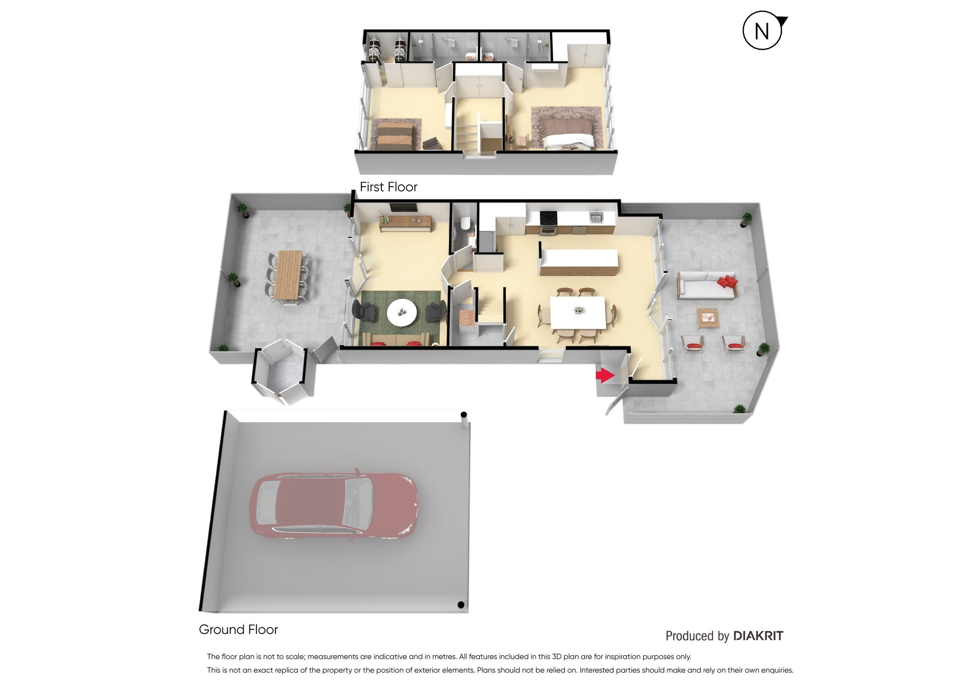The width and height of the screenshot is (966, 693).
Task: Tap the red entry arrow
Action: coord(605,375)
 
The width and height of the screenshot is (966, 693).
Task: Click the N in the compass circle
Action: coord(762,31)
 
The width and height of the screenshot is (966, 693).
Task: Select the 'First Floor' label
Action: coord(388,187)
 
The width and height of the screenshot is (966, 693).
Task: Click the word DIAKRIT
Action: coord(758,636)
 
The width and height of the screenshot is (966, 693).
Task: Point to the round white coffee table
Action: coord(402,312)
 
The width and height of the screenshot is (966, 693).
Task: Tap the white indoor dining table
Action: coord(578,312)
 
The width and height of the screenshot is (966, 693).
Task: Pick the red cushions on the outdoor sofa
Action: coord(727,282)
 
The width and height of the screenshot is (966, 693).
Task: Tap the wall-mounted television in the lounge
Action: coord(403,207)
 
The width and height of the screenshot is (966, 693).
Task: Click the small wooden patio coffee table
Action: coord(708,318)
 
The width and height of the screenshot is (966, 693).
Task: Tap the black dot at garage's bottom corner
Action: coord(460,604)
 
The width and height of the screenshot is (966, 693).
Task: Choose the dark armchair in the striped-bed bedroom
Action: coord(433,144)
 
